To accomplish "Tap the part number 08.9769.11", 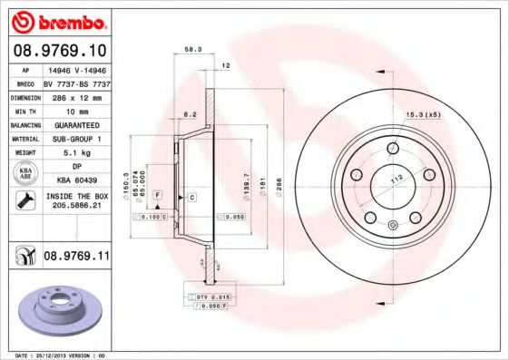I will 76,257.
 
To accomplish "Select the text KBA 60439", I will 76,180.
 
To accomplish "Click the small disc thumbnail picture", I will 56,308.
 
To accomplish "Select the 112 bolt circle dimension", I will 396,179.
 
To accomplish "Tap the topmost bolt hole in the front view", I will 391,150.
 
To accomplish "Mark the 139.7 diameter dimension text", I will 245,186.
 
